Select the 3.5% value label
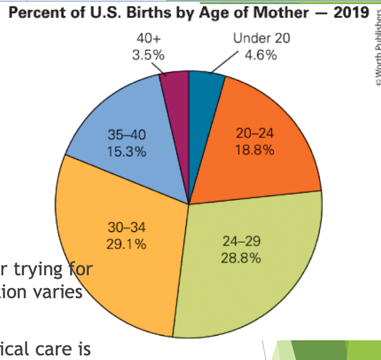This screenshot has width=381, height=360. point(148,55)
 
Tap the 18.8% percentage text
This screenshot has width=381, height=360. point(255,150)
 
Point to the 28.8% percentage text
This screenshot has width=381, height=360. point(242,259)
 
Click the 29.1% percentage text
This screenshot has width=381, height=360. point(126,244)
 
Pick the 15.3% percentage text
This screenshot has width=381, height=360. point(126,151)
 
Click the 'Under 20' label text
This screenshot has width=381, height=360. point(261,39)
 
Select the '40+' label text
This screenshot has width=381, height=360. point(148,39)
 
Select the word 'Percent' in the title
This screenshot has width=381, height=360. point(36,14)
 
